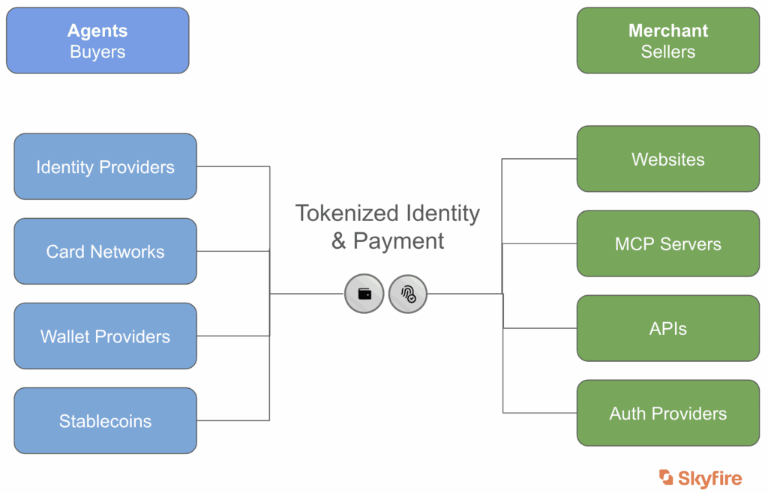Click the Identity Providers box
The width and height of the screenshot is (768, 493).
105,166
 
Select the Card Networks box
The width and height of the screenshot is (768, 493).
105,251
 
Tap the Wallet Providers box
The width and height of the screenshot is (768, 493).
105,336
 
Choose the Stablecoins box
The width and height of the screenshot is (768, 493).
105,420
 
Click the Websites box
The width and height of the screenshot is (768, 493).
667,159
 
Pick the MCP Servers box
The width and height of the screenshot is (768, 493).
667,244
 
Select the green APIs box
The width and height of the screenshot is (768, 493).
667,328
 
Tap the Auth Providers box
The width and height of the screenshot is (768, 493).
667,413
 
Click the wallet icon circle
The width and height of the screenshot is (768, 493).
364,294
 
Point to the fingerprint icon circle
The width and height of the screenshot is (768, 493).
408,294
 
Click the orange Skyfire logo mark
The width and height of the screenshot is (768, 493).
666,477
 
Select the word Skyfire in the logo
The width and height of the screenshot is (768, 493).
709,478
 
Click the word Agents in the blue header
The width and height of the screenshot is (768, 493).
97,31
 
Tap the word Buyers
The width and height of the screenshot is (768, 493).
97,52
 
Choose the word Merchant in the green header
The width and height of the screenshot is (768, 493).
667,31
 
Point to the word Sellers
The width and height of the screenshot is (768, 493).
667,52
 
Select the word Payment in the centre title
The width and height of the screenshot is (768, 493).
399,241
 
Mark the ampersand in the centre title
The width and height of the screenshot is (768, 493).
339,241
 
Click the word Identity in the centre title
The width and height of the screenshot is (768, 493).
442,214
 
